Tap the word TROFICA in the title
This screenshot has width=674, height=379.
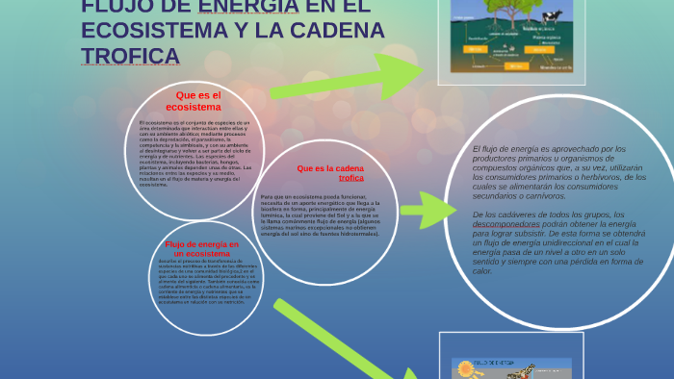130,56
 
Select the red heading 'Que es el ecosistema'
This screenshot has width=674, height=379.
199,101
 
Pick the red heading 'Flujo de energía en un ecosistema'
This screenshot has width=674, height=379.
209,248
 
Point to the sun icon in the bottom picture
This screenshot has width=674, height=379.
467,368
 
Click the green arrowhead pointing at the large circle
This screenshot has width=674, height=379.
431,209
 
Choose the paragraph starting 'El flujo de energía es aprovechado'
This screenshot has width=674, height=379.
558,172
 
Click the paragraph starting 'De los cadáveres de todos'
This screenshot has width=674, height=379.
558,241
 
